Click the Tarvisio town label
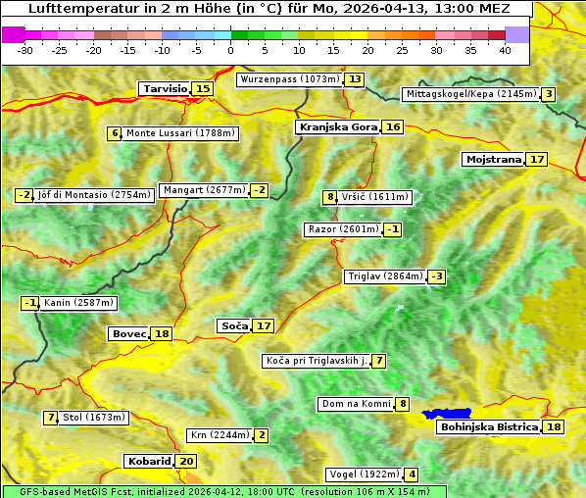click(165, 88)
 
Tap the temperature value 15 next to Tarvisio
click(203, 88)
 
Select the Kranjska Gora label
click(337, 126)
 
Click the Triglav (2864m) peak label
click(385, 276)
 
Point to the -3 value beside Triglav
click(436, 276)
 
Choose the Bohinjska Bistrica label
click(489, 426)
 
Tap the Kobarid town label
click(148, 461)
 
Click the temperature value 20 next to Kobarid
click(186, 461)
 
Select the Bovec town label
click(128, 333)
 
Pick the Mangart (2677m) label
click(204, 190)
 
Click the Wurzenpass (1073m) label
click(290, 78)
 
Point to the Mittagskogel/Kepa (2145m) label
click(470, 94)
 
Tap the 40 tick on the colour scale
click(505, 49)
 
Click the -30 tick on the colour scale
click(25, 49)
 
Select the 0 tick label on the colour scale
click(230, 49)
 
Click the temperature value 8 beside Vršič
click(330, 197)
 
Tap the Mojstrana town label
click(493, 159)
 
